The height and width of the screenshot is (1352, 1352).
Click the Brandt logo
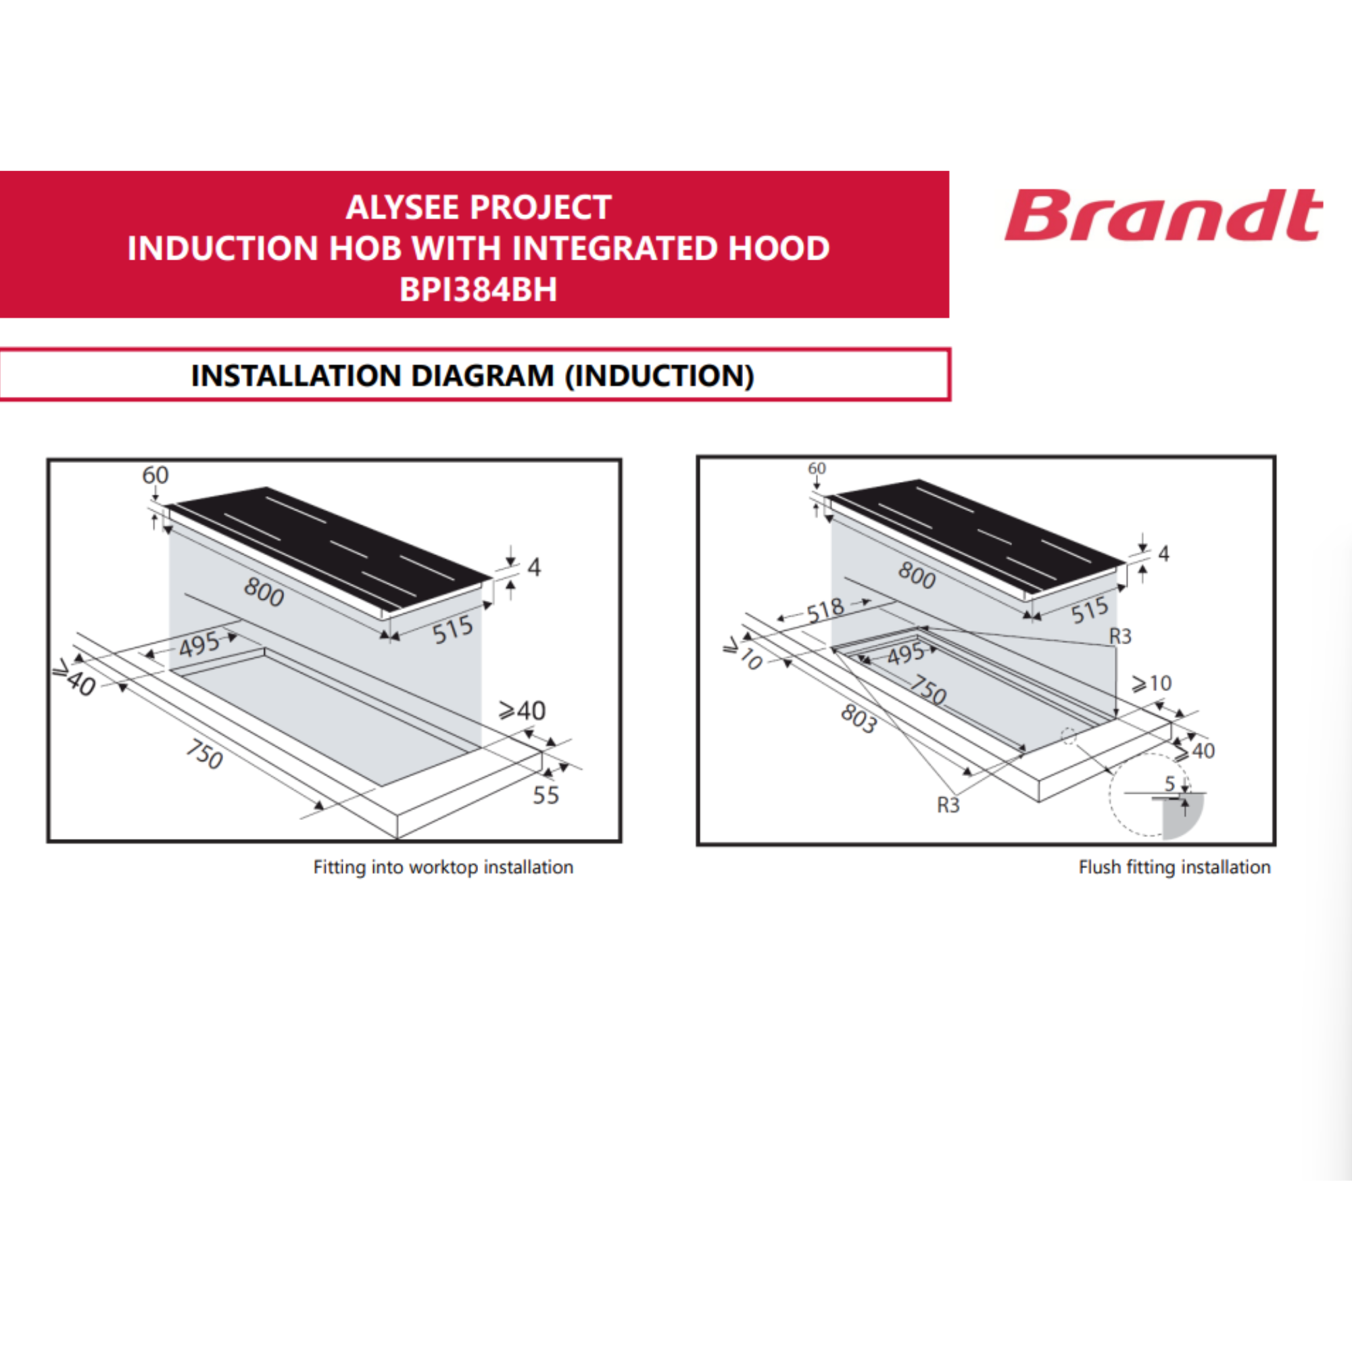coord(1163,215)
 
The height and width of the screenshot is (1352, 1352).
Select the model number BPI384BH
coord(478,289)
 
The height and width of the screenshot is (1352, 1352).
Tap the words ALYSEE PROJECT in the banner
coord(479,207)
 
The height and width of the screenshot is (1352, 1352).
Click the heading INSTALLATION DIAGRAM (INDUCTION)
coord(473,376)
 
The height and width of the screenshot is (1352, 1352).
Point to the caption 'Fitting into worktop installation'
coord(443,867)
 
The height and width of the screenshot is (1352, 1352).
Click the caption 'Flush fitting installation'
coord(1174,867)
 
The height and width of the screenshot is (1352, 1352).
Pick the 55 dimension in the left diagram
coord(546,795)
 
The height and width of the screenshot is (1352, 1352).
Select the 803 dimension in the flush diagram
coord(859,719)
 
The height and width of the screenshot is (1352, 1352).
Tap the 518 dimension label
coord(826,610)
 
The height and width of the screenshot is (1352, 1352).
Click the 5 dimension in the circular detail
coord(1169,783)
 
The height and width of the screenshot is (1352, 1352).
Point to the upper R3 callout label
coord(1120,636)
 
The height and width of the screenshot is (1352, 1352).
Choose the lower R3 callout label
coord(948,806)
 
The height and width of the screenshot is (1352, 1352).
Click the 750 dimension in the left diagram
coord(204,754)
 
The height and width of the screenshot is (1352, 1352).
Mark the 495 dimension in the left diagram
coord(199,644)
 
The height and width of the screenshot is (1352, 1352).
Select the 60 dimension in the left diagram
coord(155,475)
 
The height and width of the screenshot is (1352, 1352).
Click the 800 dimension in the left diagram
coord(264,592)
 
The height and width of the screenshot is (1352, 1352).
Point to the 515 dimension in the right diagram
coord(1090,611)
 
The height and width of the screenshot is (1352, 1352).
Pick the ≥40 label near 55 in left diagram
coord(522,711)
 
